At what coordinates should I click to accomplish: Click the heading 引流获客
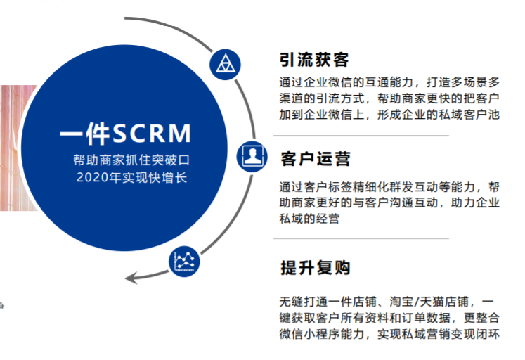click(x=314, y=59)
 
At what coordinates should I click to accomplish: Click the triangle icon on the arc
click(x=223, y=63)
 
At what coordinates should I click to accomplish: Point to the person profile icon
click(x=250, y=154)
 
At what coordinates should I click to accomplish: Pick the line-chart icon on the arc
click(x=184, y=262)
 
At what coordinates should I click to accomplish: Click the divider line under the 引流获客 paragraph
click(x=361, y=136)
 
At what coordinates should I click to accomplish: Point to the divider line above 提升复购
click(x=361, y=238)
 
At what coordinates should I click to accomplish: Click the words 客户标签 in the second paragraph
click(x=330, y=188)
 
